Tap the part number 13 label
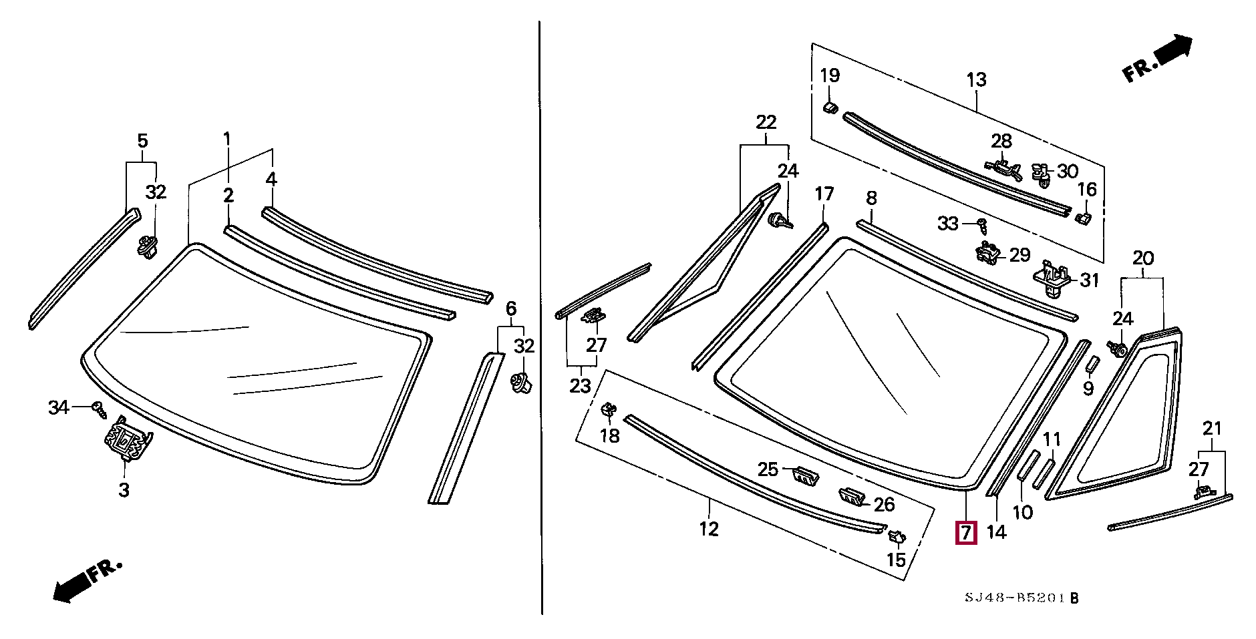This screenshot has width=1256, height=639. [976, 80]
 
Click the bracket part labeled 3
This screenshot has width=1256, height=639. [126, 439]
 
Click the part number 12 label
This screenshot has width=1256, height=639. [709, 529]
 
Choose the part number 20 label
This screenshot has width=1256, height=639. [1143, 258]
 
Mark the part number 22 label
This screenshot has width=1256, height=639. [766, 122]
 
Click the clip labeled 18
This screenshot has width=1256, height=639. [609, 409]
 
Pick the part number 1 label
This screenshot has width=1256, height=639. [227, 140]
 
